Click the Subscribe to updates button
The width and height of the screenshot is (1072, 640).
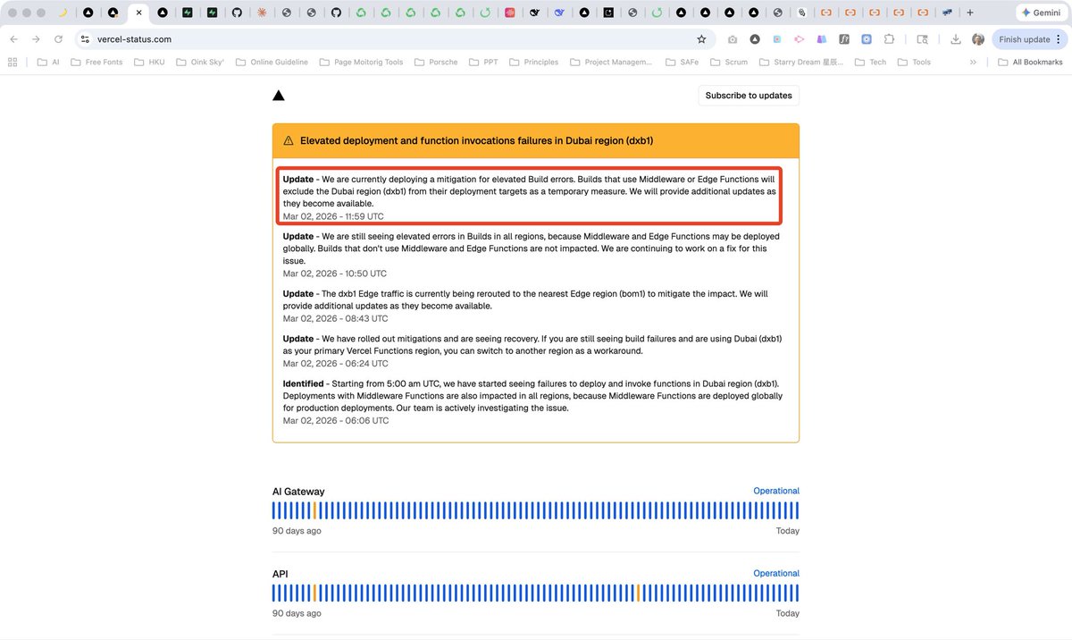tap(749, 96)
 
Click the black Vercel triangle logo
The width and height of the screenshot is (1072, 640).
tap(279, 96)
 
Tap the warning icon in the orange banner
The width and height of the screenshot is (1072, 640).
tap(288, 140)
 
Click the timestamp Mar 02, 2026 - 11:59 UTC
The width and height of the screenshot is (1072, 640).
tap(333, 216)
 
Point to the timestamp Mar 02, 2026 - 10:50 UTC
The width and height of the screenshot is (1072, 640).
tap(334, 274)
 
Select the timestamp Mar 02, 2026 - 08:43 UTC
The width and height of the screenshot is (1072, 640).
tap(335, 318)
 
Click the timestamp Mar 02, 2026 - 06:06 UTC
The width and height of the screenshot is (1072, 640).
tap(336, 420)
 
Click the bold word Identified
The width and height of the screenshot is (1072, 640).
tap(303, 383)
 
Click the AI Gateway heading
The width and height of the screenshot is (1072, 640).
tap(298, 491)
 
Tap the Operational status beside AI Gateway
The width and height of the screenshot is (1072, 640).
tap(776, 491)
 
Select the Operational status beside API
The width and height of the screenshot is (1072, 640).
tap(776, 573)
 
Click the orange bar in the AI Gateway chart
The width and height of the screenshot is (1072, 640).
tap(314, 510)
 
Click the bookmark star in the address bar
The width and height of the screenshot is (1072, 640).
tap(701, 39)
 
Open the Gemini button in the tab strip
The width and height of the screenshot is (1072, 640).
tap(1042, 13)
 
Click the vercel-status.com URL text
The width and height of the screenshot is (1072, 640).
tap(134, 39)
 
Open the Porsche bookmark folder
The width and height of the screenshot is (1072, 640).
tap(436, 62)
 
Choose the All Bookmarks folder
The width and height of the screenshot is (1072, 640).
tap(1030, 62)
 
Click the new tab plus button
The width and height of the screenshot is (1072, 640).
tap(970, 13)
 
